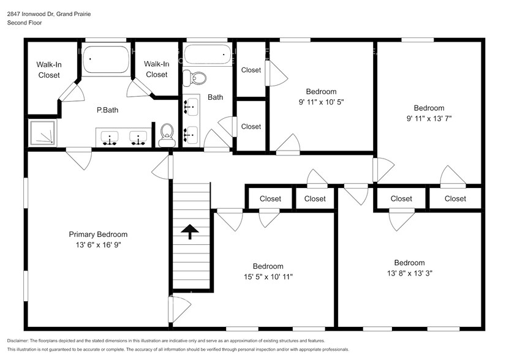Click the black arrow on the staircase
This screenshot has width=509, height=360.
pos(190,231)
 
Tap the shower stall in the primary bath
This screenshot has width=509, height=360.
pos(42,133)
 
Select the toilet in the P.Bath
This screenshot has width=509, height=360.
pos(166,135)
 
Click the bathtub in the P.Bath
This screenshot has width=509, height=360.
pos(106,60)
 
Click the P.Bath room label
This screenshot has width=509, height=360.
pos(107,110)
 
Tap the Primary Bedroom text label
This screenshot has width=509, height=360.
pos(98,234)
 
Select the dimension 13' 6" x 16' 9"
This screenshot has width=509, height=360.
pos(98,245)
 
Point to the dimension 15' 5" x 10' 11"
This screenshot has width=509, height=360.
pos(268,277)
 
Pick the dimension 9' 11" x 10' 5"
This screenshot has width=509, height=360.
pos(321,102)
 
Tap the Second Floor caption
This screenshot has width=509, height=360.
pos(24,23)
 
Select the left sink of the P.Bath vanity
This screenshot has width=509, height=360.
pos(110,138)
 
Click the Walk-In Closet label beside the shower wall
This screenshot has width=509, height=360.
pos(48,69)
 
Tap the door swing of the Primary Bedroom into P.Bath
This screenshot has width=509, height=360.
pos(80,159)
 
